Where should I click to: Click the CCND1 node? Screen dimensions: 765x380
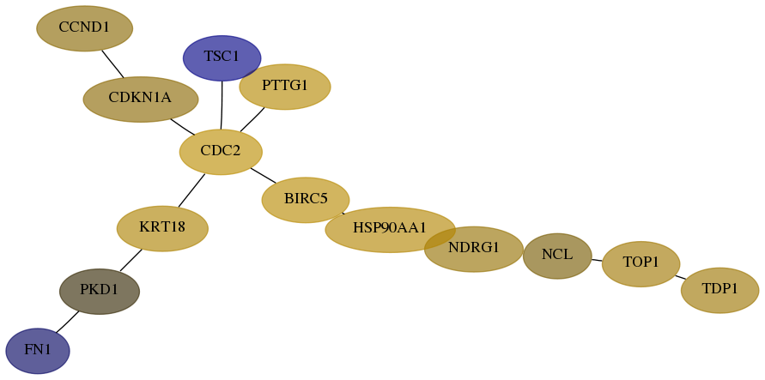coord(84,28)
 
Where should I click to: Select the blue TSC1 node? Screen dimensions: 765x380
coord(222,58)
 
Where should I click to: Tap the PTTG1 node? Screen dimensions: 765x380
coord(285,87)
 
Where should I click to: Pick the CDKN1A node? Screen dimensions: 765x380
coord(141,100)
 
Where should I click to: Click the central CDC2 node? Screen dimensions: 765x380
coord(221,152)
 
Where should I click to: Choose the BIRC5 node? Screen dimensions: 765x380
coord(306,200)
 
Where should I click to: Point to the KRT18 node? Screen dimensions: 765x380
coord(162,228)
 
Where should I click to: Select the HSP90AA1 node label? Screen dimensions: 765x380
coord(390,227)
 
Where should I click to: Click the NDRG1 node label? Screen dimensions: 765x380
coord(474,248)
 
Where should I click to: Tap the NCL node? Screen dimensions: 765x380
coord(557,256)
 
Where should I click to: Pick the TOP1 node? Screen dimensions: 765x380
coord(641,264)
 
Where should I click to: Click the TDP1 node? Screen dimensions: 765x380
coord(720,290)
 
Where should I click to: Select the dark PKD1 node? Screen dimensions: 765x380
coord(100,292)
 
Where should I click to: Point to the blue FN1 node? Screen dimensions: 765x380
coord(38,351)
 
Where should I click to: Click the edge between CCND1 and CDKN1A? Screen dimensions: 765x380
coord(112,63)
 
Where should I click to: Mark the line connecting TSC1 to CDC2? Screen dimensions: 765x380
coord(222,106)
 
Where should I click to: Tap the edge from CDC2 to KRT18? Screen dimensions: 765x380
coord(191,190)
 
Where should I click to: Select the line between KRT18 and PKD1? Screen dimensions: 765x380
coord(131,260)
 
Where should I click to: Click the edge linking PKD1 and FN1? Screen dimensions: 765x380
coord(67,322)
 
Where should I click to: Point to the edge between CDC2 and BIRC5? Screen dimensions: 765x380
coord(264,175)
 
